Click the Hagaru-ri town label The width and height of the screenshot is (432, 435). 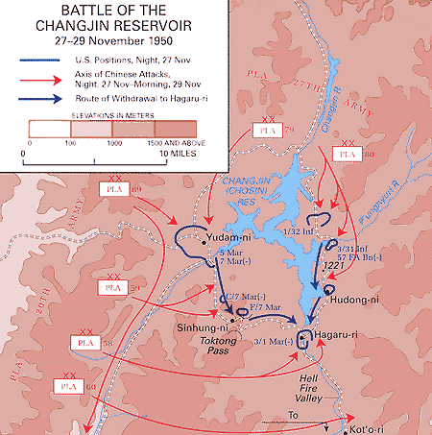pyautogui.click(x=336, y=333)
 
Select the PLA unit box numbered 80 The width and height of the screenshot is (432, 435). pyautogui.click(x=348, y=152)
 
